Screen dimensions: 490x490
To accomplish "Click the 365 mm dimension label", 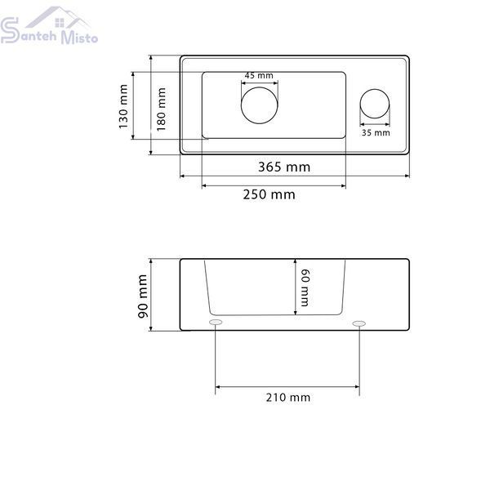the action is tap(284, 167).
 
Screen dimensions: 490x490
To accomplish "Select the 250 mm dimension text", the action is tap(269, 194).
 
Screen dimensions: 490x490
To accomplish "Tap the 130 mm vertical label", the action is tap(123, 106).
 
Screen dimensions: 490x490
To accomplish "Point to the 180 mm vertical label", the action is tap(161, 109).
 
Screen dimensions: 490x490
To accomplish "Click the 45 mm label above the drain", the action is tap(259, 75).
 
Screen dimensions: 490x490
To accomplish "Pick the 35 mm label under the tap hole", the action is tap(376, 133).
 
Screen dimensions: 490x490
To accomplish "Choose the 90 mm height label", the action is tap(143, 296).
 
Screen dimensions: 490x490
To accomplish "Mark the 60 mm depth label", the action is tap(305, 287).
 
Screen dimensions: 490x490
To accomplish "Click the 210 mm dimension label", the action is tap(288, 398).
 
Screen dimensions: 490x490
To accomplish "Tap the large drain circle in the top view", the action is tap(260, 87).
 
